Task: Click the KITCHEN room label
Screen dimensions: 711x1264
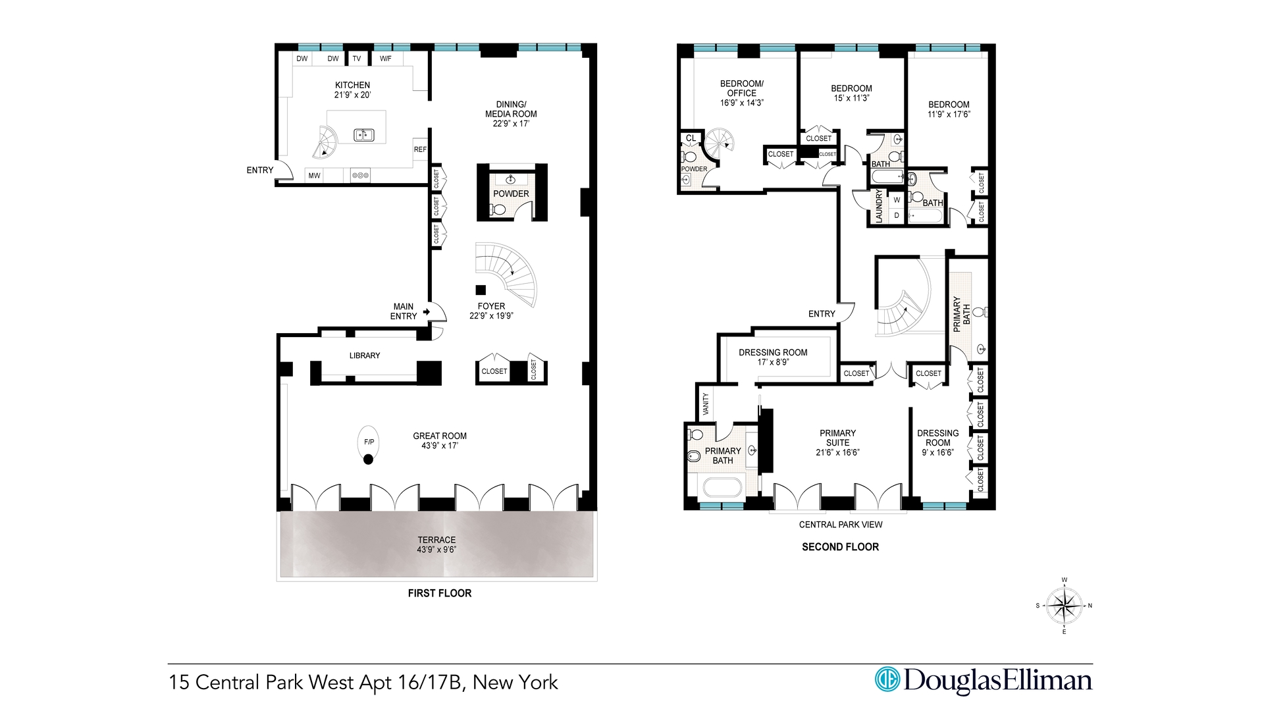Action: tap(352, 85)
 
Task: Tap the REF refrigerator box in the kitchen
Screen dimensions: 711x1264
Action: tap(420, 149)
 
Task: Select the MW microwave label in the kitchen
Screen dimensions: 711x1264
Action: tap(314, 176)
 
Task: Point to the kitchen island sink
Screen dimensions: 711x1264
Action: tap(363, 135)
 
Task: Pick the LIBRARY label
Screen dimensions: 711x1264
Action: tap(365, 355)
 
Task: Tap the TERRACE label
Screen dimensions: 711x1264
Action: tap(436, 540)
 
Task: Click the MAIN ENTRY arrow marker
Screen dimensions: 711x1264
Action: tap(426, 311)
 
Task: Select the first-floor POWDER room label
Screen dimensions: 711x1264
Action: tap(511, 194)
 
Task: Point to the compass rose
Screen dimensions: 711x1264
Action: tap(1064, 606)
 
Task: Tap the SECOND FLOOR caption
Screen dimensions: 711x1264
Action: tap(840, 547)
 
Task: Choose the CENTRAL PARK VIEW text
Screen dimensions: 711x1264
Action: tap(841, 525)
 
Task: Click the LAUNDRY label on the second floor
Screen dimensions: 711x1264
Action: tap(878, 207)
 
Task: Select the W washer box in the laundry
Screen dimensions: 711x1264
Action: tap(897, 199)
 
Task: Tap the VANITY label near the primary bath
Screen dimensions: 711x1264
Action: tap(706, 403)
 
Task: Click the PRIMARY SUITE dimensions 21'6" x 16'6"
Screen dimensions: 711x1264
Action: tap(837, 452)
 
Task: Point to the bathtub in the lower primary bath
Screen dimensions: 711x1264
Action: tap(722, 488)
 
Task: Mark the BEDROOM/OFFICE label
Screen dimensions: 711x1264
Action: tap(741, 88)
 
